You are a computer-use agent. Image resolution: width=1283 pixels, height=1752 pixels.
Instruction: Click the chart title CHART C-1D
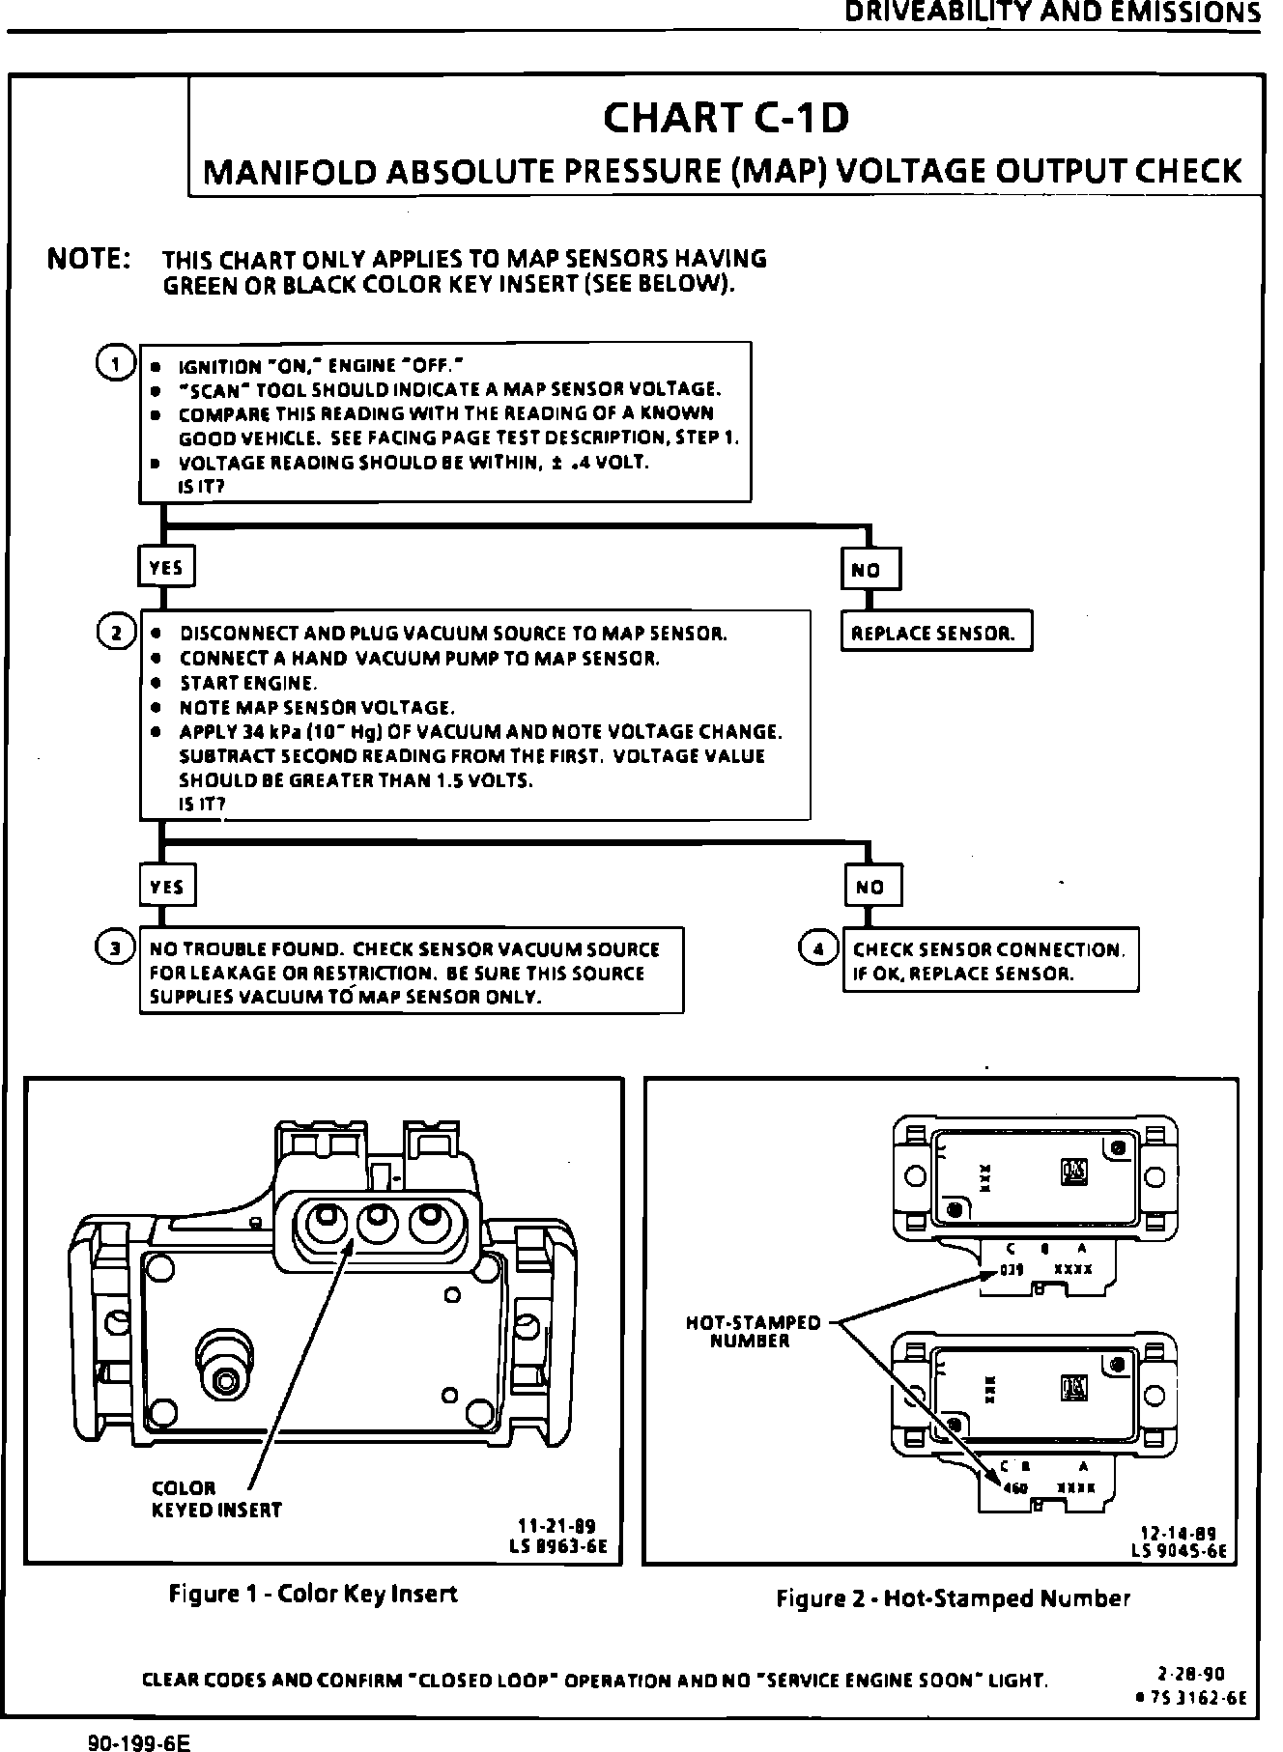[x=726, y=119]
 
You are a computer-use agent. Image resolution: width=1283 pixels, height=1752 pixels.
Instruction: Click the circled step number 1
[x=116, y=364]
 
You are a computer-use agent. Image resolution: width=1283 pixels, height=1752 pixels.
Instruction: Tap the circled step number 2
[x=116, y=633]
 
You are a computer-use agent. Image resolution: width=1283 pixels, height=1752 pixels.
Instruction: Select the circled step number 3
[x=116, y=948]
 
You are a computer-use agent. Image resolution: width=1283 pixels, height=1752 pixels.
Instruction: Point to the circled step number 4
[x=817, y=948]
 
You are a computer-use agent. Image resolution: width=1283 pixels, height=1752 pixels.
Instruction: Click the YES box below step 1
[x=166, y=568]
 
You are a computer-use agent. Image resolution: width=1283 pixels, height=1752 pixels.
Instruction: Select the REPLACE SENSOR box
[x=935, y=634]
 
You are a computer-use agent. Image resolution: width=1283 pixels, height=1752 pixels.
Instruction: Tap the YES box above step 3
[x=166, y=886]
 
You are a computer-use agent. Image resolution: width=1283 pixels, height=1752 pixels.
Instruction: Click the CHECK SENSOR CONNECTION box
[x=989, y=961]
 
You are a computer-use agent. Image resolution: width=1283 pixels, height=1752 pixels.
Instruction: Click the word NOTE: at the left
[x=90, y=260]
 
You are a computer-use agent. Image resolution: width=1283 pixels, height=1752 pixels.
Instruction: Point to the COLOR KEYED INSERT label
[x=216, y=1499]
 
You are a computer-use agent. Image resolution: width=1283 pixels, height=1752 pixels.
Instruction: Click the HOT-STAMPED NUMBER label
[x=753, y=1332]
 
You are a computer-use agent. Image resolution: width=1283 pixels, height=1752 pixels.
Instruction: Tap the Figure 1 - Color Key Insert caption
[x=313, y=1594]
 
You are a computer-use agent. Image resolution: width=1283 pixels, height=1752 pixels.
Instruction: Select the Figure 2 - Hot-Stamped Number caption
[x=953, y=1598]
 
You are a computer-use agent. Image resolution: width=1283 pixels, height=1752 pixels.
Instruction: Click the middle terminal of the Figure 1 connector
[x=377, y=1226]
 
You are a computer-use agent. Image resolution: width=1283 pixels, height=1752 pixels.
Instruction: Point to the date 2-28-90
[x=1191, y=1672]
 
